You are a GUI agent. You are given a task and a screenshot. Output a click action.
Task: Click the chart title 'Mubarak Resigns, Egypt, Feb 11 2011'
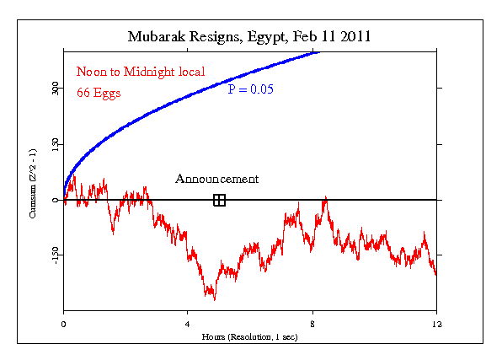coord(249,37)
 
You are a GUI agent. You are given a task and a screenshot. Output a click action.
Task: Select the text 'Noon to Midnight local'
coord(141,72)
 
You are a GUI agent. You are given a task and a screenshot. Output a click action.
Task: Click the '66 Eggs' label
coord(99,93)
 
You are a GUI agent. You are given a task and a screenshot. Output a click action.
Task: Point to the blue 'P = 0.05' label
coord(250,89)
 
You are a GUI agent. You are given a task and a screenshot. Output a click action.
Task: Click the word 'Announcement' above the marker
coord(216,179)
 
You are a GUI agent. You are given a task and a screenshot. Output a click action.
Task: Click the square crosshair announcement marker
coord(219,200)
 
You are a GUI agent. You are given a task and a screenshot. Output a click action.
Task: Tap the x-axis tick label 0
coord(64,323)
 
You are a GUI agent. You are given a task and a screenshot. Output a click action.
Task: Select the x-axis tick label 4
coord(188,323)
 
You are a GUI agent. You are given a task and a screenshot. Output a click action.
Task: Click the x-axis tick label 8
coord(312,323)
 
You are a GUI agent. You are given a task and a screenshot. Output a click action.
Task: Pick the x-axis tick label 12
coord(436,323)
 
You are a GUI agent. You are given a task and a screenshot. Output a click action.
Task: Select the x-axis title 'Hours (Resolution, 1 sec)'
coord(250,336)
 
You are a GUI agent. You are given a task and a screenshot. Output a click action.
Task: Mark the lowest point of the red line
coord(215,299)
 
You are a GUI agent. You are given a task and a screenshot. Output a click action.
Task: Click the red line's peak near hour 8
coord(325,197)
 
